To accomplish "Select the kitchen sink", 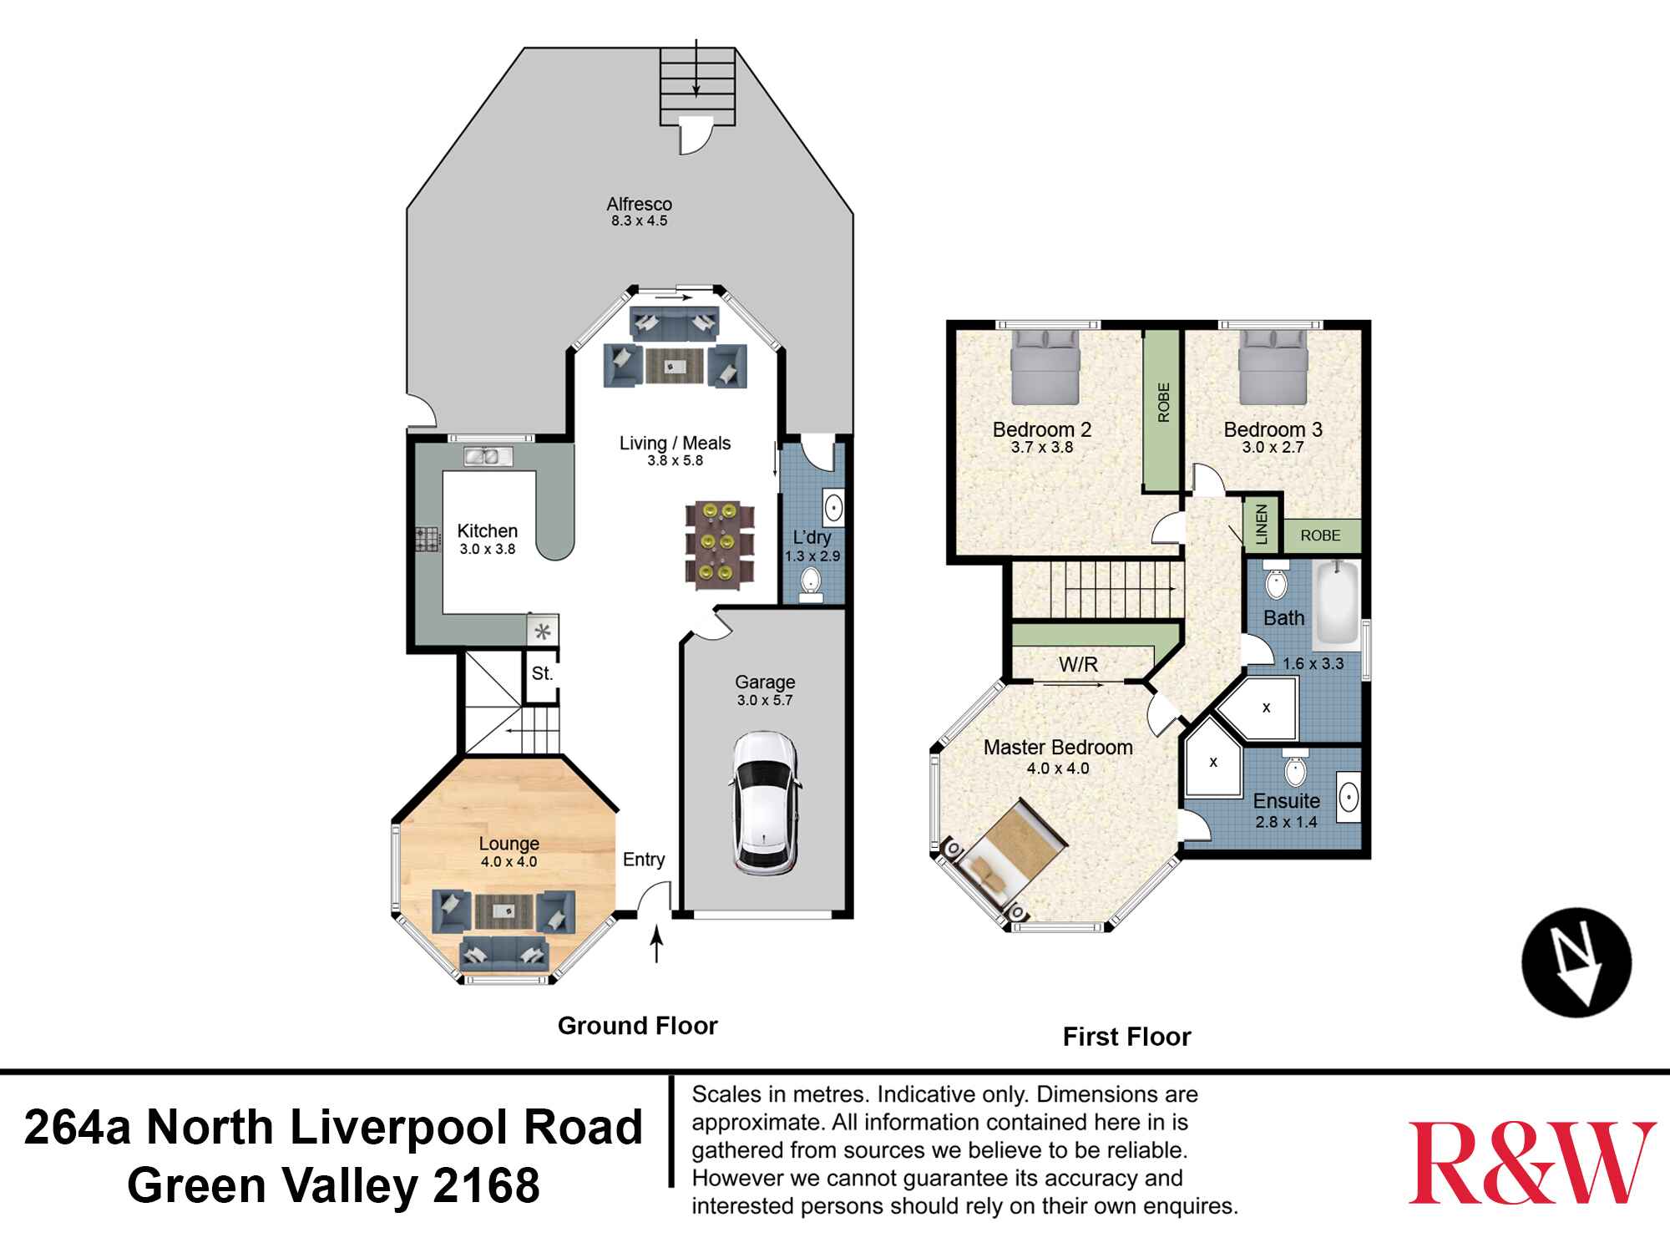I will (482, 456).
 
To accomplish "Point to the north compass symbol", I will (1576, 962).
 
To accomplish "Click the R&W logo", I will (1531, 1162).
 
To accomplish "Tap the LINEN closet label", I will (1261, 525).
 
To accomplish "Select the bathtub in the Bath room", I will (1336, 606).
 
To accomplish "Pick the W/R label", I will (1078, 665).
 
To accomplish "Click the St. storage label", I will (542, 673).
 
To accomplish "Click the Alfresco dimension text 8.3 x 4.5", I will (639, 221).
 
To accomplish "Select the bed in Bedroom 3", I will (1273, 366).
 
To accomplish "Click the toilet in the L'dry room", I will (810, 584).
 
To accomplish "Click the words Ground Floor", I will (637, 1026).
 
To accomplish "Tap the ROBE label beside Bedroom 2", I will (1162, 402).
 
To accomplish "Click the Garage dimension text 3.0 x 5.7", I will (764, 700).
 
